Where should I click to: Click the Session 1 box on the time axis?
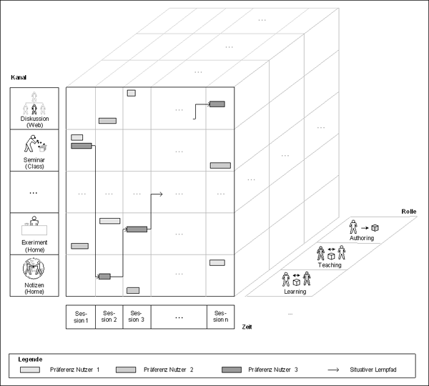click(x=81, y=317)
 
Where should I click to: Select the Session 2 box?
click(x=109, y=317)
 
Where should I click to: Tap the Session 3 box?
click(x=137, y=317)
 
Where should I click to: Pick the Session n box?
click(x=220, y=317)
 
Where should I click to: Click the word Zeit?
click(x=247, y=327)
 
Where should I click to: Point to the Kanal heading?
click(x=19, y=77)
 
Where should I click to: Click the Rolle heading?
click(x=409, y=212)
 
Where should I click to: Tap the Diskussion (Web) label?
click(x=34, y=122)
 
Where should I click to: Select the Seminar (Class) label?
click(x=34, y=163)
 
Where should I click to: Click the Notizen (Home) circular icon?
click(x=34, y=268)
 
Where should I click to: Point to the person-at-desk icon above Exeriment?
click(x=34, y=226)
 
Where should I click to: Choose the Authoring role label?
click(x=362, y=238)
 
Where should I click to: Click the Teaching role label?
click(x=330, y=265)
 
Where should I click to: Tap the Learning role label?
click(x=295, y=292)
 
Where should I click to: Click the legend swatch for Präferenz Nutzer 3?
click(x=232, y=370)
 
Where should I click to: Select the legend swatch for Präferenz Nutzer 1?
click(x=30, y=370)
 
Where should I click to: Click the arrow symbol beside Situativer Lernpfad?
click(x=333, y=370)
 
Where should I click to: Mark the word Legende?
click(x=30, y=360)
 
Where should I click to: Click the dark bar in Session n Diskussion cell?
click(x=217, y=104)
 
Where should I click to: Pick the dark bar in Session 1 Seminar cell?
click(x=82, y=146)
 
